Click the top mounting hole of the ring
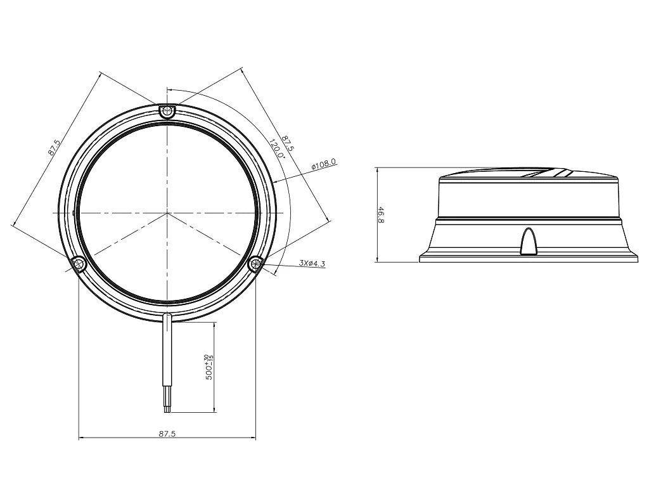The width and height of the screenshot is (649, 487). pos(167,110)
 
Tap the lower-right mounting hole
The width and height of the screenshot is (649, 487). pos(256,263)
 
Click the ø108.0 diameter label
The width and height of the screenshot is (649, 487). pos(324,164)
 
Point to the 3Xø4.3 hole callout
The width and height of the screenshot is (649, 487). pos(312,263)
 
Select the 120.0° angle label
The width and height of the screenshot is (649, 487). pos(276,149)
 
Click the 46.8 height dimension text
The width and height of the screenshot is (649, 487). pos(381,215)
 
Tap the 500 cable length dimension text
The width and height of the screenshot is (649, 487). pos(209,367)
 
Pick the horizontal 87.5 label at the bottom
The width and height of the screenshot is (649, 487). pos(167,434)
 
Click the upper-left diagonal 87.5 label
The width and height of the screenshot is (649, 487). pos(55,147)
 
